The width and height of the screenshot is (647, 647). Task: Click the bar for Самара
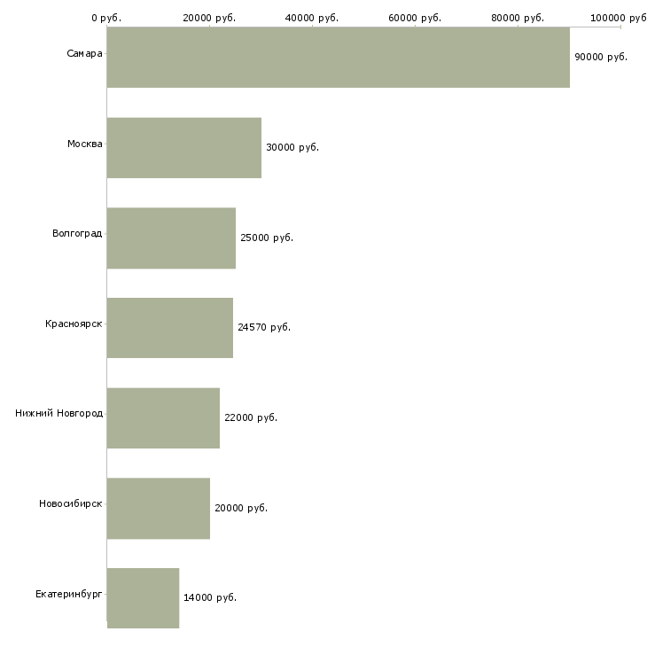pyautogui.click(x=338, y=57)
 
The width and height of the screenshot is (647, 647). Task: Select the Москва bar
pyautogui.click(x=183, y=147)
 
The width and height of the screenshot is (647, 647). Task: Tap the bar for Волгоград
pyautogui.click(x=171, y=238)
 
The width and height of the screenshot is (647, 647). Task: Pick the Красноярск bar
pyautogui.click(x=169, y=328)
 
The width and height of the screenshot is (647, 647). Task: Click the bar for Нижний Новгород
pyautogui.click(x=163, y=417)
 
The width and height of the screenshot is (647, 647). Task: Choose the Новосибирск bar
pyautogui.click(x=158, y=508)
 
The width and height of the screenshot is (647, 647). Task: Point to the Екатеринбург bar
pyautogui.click(x=143, y=597)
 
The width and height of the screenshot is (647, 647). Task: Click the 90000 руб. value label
pyautogui.click(x=601, y=57)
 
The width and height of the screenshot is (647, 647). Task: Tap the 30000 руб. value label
pyautogui.click(x=292, y=147)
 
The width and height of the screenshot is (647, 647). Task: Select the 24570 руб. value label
pyautogui.click(x=264, y=327)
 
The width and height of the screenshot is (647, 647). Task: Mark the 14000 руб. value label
pyautogui.click(x=210, y=597)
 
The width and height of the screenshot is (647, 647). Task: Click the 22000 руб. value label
pyautogui.click(x=251, y=417)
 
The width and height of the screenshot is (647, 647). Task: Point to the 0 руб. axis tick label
pyautogui.click(x=106, y=18)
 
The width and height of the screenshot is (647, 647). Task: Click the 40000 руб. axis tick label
pyautogui.click(x=312, y=18)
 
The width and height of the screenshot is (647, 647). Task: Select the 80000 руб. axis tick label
pyautogui.click(x=518, y=18)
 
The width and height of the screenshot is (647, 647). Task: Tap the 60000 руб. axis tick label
pyautogui.click(x=415, y=18)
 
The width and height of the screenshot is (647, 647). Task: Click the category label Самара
pyautogui.click(x=84, y=54)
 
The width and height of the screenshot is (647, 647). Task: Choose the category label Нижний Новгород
pyautogui.click(x=58, y=413)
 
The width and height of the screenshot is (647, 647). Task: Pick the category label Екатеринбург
pyautogui.click(x=69, y=593)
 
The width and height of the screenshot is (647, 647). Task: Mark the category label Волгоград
pyautogui.click(x=77, y=234)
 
